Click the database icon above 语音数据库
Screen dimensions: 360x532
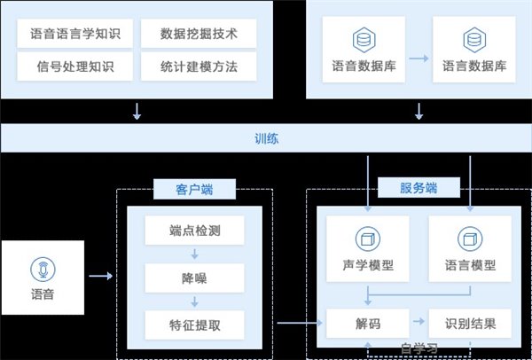(x=361, y=40)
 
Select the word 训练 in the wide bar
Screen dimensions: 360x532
(x=266, y=138)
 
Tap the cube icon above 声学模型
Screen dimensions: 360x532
(x=361, y=239)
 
